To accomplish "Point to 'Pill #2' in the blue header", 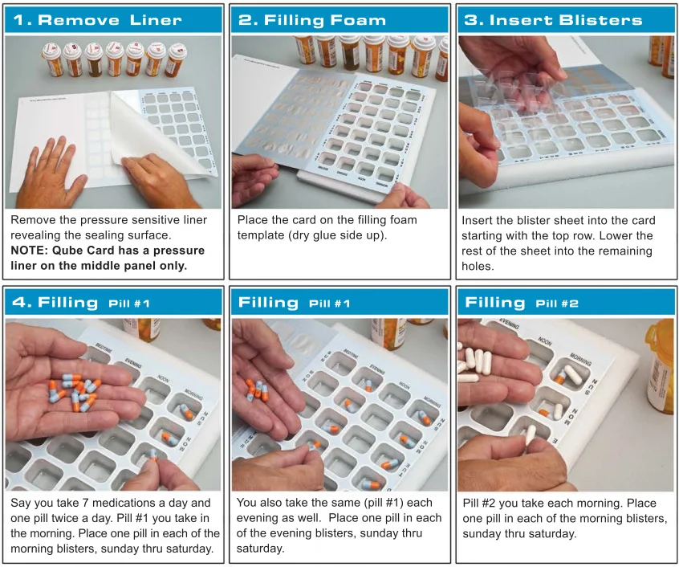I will click(557, 304).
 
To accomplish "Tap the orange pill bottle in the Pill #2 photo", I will click(660, 365).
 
